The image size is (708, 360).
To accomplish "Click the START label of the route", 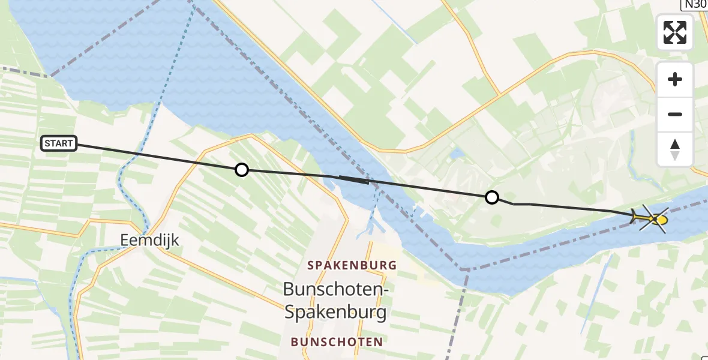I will click(x=59, y=143).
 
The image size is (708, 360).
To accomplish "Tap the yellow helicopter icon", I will click(x=652, y=219).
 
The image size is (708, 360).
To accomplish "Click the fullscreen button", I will click(x=675, y=32).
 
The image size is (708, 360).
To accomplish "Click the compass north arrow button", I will click(x=675, y=149).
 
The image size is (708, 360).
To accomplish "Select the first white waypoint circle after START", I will click(x=241, y=170).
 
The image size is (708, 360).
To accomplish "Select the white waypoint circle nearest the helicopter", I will click(x=491, y=197).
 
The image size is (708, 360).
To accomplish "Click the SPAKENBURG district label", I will click(x=352, y=265).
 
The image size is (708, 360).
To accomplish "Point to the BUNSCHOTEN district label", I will click(x=337, y=342).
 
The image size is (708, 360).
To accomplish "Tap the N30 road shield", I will click(x=695, y=4).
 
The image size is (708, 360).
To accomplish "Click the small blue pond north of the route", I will click(x=458, y=154).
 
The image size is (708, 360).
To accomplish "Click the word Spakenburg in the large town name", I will click(x=335, y=312).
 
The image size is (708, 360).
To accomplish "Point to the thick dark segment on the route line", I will click(x=355, y=179).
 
